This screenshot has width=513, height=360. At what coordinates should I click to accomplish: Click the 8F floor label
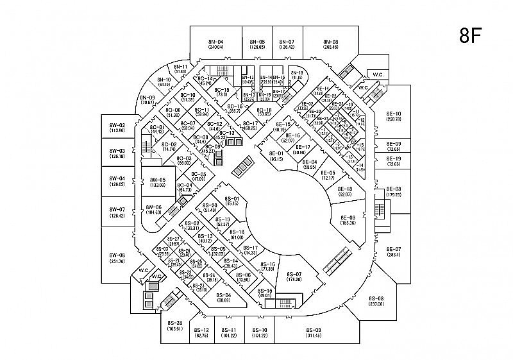click(x=471, y=35)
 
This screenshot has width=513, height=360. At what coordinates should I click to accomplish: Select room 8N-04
click(x=215, y=44)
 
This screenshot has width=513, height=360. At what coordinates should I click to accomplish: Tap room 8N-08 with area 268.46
click(x=331, y=44)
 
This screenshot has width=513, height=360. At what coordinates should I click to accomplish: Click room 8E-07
click(x=393, y=252)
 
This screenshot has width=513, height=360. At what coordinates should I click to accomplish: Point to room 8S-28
click(x=175, y=325)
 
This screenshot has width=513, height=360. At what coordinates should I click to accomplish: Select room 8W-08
click(x=117, y=258)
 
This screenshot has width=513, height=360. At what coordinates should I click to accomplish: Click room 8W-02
click(x=117, y=127)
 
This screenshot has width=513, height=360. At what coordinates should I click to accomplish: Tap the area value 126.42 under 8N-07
click(x=287, y=47)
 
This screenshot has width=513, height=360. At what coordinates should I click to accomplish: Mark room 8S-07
click(x=294, y=277)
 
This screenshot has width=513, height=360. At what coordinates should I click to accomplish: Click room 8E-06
click(x=348, y=220)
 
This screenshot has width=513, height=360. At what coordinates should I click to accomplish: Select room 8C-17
click(x=250, y=126)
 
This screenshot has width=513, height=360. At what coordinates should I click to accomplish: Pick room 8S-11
click(x=229, y=332)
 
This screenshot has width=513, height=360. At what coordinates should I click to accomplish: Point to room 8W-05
click(x=157, y=182)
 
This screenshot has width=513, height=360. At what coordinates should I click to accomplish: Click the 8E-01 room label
click(x=276, y=153)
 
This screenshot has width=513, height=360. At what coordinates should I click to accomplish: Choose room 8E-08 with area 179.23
click(x=393, y=191)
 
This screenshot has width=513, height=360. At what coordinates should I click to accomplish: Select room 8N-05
click(x=258, y=44)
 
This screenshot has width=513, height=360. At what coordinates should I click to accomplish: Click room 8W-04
click(x=117, y=181)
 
